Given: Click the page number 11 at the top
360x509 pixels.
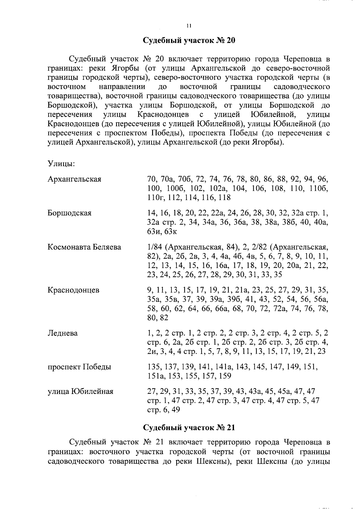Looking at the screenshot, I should point(188,26).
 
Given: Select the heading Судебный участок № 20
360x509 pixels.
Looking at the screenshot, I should point(189,40).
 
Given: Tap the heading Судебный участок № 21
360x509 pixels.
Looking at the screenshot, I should point(189,427).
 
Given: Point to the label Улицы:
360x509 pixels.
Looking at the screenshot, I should point(61,164).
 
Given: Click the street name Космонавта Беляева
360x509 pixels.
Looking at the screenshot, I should point(84,247).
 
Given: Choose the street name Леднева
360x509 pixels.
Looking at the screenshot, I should point(62,333).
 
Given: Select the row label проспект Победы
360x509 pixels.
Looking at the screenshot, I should point(79,367).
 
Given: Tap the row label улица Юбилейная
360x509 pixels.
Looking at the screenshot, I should point(80,391).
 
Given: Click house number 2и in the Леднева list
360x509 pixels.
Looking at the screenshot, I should point(152,351).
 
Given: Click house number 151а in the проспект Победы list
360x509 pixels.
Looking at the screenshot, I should point(155,376).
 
